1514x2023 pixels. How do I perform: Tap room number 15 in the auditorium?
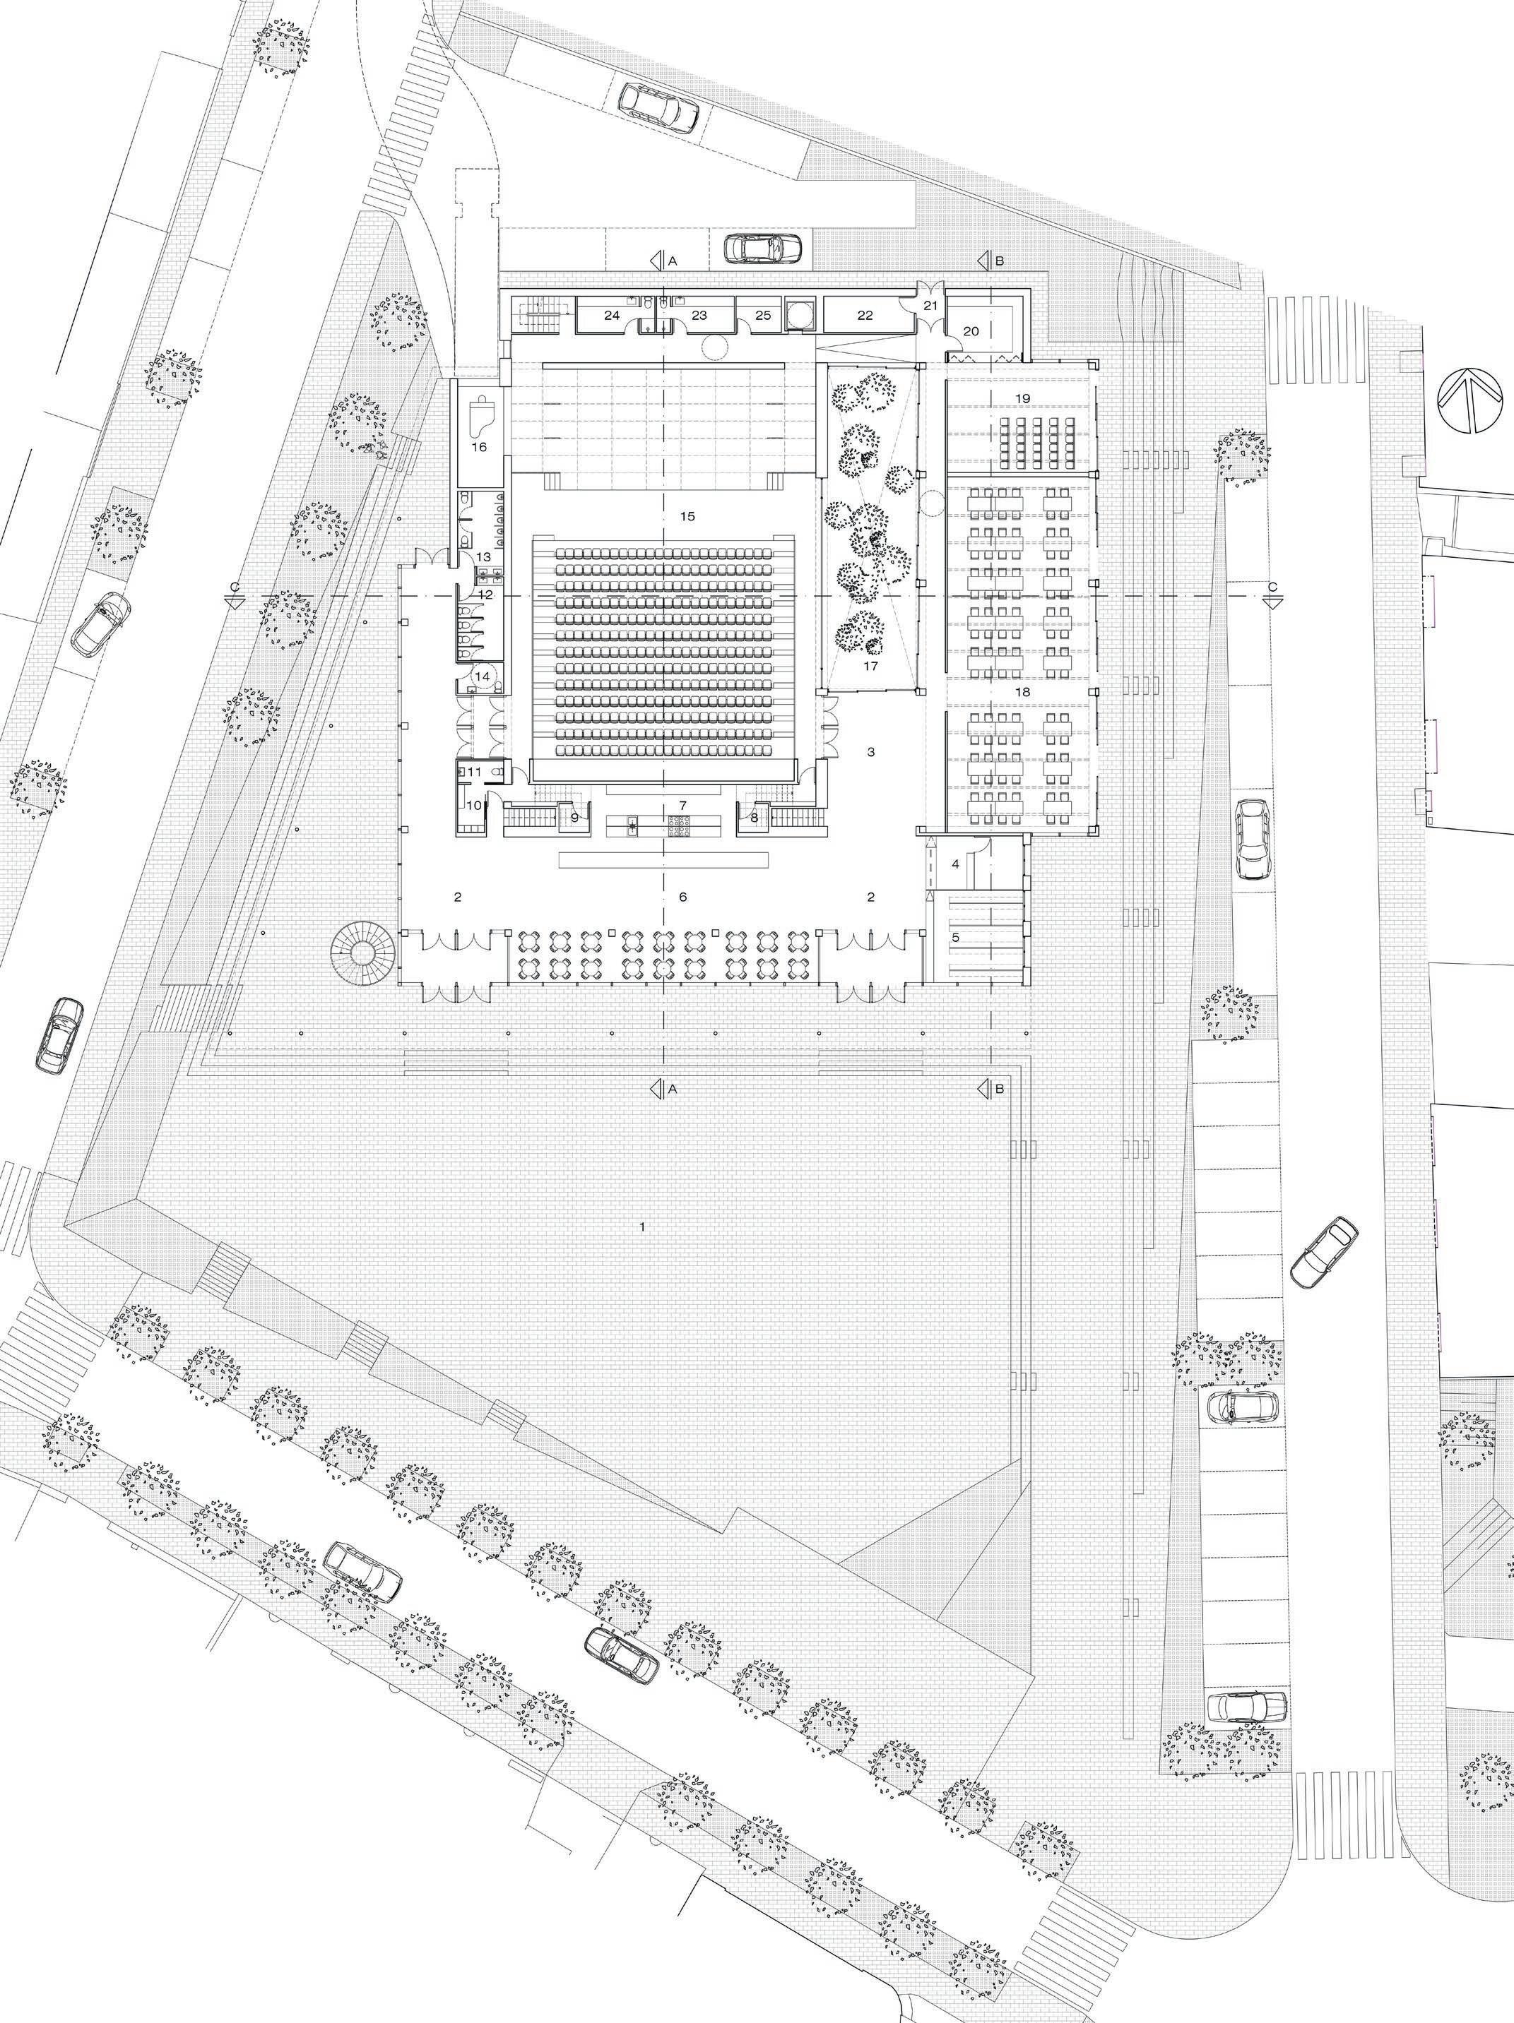pyautogui.click(x=688, y=515)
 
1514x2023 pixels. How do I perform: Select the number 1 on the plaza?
pyautogui.click(x=643, y=1226)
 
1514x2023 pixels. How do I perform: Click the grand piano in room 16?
pyautogui.click(x=482, y=417)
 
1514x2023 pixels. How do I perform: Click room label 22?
pyautogui.click(x=865, y=316)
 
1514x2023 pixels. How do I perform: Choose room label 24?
pyautogui.click(x=612, y=316)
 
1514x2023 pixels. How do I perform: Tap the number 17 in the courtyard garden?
pyautogui.click(x=870, y=667)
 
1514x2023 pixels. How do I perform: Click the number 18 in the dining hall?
pyautogui.click(x=1023, y=691)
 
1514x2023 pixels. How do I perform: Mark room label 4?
pyautogui.click(x=956, y=864)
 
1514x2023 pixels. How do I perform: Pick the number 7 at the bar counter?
pyautogui.click(x=682, y=805)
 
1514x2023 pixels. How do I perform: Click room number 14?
pyautogui.click(x=482, y=676)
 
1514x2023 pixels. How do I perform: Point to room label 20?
pyautogui.click(x=971, y=331)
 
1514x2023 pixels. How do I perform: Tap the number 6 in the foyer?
pyautogui.click(x=682, y=897)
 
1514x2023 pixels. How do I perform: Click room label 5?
pyautogui.click(x=956, y=938)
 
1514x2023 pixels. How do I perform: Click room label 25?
pyautogui.click(x=763, y=316)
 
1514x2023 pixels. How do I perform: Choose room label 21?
pyautogui.click(x=931, y=306)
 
